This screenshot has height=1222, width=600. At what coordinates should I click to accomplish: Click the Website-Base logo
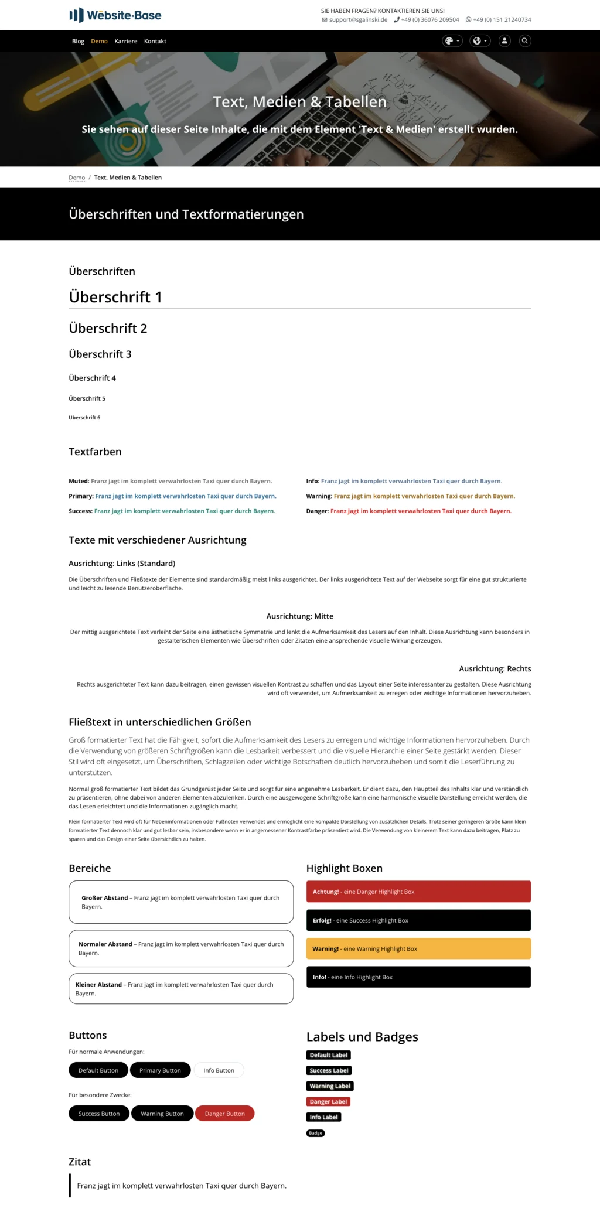pos(115,15)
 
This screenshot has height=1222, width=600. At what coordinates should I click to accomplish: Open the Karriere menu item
pos(126,41)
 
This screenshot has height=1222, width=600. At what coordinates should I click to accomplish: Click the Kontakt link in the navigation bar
pos(155,41)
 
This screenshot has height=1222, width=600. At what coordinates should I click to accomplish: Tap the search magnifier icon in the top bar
pos(525,41)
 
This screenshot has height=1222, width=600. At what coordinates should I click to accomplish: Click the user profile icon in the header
pos(504,41)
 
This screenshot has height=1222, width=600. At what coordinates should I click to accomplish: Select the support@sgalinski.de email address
pos(358,19)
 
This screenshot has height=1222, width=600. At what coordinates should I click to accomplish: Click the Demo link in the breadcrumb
pos(77,178)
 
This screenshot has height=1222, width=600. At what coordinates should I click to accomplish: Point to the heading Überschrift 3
pos(100,354)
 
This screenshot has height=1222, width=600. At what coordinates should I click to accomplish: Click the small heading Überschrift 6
pos(84,418)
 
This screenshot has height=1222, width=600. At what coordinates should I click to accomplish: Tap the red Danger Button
pos(224,1114)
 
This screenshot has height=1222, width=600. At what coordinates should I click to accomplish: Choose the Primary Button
pos(160,1070)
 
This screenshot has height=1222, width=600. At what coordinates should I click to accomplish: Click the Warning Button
pos(162,1114)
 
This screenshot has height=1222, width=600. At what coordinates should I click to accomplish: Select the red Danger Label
pos(328,1101)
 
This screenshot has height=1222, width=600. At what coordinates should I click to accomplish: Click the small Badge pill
pos(315,1133)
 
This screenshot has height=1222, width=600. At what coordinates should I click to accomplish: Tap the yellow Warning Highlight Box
pos(418,948)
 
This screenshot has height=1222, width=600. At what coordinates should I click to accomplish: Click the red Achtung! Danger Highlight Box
pos(418,892)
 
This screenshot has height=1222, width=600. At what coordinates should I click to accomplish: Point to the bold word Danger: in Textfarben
pos(317,511)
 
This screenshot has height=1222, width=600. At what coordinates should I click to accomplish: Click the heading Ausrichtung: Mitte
pos(299,616)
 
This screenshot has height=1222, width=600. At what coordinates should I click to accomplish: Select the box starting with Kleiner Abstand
pos(181,989)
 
